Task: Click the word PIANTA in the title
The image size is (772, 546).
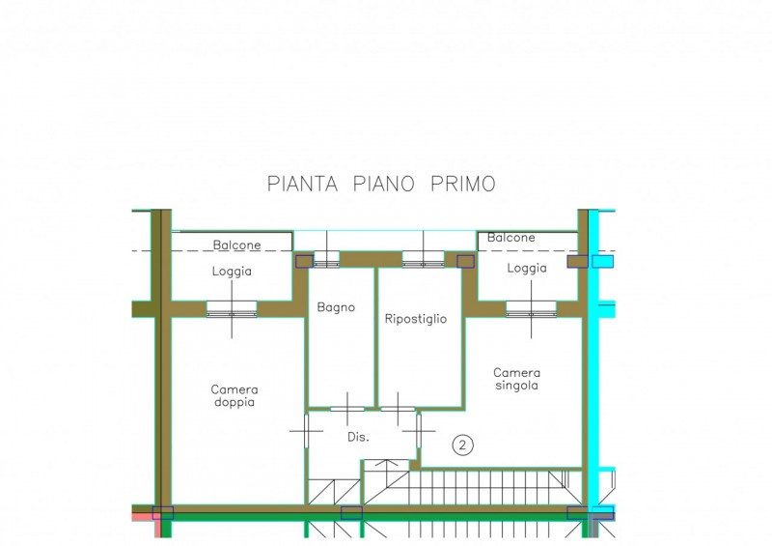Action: [302, 184]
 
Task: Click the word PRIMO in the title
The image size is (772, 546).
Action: [463, 184]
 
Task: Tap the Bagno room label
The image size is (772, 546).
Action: [336, 307]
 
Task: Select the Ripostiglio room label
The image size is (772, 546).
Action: [416, 319]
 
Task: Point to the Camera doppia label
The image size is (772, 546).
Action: [234, 395]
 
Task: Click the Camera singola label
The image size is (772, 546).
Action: [516, 379]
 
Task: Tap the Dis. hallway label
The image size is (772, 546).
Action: [358, 437]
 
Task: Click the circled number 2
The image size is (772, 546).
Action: [462, 445]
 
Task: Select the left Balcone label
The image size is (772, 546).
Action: [236, 244]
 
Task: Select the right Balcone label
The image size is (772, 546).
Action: [511, 237]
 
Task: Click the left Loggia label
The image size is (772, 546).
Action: [232, 272]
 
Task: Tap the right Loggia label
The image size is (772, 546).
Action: [527, 268]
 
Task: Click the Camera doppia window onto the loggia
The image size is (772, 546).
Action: [232, 309]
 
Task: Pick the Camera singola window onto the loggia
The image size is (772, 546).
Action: [532, 309]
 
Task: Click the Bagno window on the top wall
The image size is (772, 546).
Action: [326, 259]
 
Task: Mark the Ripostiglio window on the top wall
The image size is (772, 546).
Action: [423, 259]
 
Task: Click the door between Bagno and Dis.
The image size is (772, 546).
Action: [347, 409]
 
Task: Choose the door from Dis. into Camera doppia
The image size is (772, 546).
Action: [306, 431]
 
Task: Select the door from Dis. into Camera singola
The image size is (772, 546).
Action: [419, 431]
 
